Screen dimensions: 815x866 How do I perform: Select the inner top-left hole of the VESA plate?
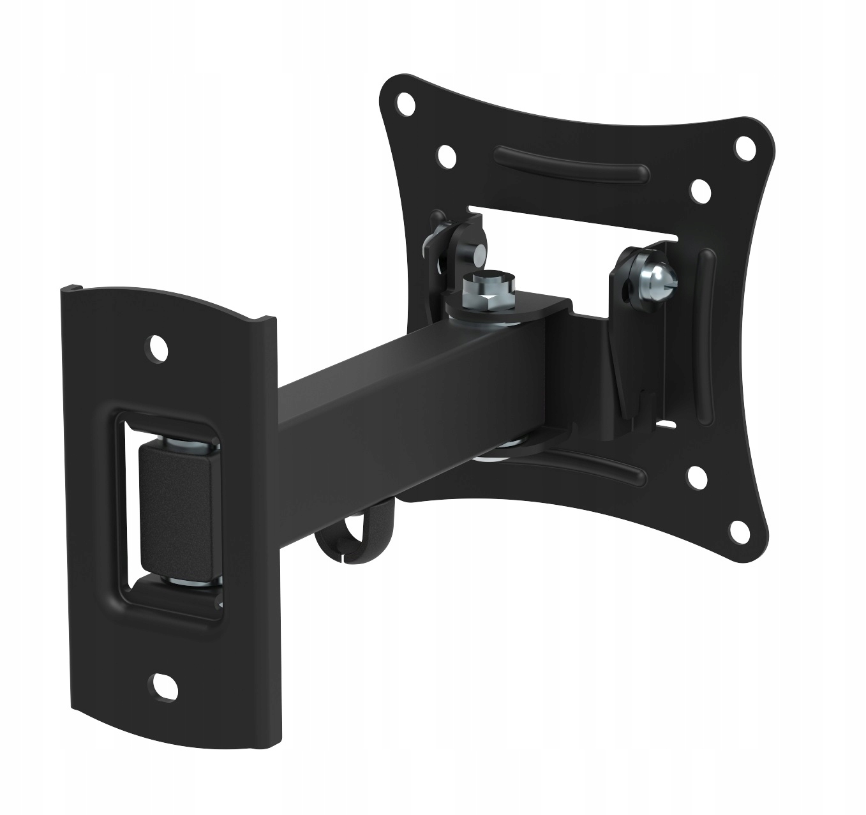pyautogui.click(x=446, y=156)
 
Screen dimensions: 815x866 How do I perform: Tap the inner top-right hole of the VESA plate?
pyautogui.click(x=700, y=190)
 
